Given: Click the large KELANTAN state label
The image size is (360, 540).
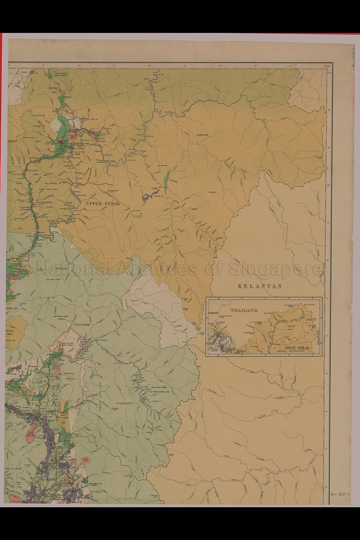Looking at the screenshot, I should tap(260, 286).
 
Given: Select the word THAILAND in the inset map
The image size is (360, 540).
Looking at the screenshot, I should tap(244, 311).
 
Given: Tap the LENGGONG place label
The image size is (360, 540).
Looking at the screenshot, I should tap(63, 268).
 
